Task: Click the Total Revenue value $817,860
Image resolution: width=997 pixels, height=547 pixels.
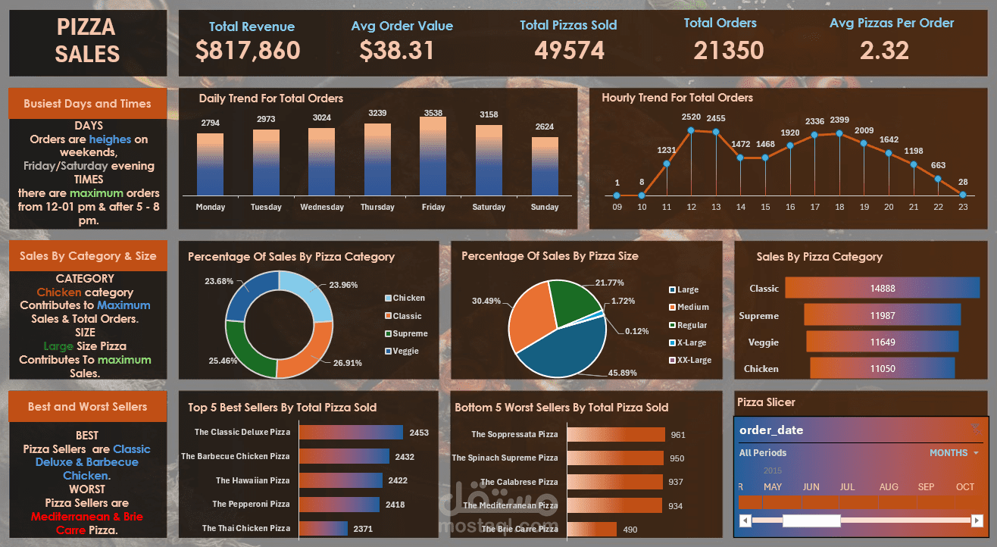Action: pyautogui.click(x=247, y=51)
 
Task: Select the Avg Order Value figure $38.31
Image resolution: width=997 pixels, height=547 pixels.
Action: pyautogui.click(x=396, y=51)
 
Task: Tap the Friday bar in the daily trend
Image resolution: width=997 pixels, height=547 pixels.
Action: pyautogui.click(x=433, y=155)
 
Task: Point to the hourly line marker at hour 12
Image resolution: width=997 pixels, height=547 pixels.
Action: pyautogui.click(x=691, y=130)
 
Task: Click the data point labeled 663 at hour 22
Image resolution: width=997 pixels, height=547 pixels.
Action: pyautogui.click(x=938, y=180)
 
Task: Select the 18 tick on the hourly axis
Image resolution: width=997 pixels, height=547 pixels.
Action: pyautogui.click(x=839, y=207)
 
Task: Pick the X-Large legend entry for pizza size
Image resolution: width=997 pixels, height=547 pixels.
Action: pyautogui.click(x=689, y=342)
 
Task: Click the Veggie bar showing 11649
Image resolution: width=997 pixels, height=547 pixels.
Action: pyautogui.click(x=883, y=342)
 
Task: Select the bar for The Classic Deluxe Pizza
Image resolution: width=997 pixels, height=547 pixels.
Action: pyautogui.click(x=351, y=433)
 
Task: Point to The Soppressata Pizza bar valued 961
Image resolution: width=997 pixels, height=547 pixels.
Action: pyautogui.click(x=615, y=434)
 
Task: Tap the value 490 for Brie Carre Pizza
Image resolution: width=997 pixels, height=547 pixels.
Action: pyautogui.click(x=630, y=530)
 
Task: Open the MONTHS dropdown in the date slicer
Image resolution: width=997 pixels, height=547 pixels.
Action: pyautogui.click(x=953, y=453)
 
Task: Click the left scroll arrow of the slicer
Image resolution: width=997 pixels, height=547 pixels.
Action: pyautogui.click(x=745, y=520)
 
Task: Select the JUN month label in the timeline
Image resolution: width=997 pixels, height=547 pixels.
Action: pyautogui.click(x=811, y=486)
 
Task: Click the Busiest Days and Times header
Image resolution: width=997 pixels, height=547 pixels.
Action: pyautogui.click(x=87, y=104)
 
